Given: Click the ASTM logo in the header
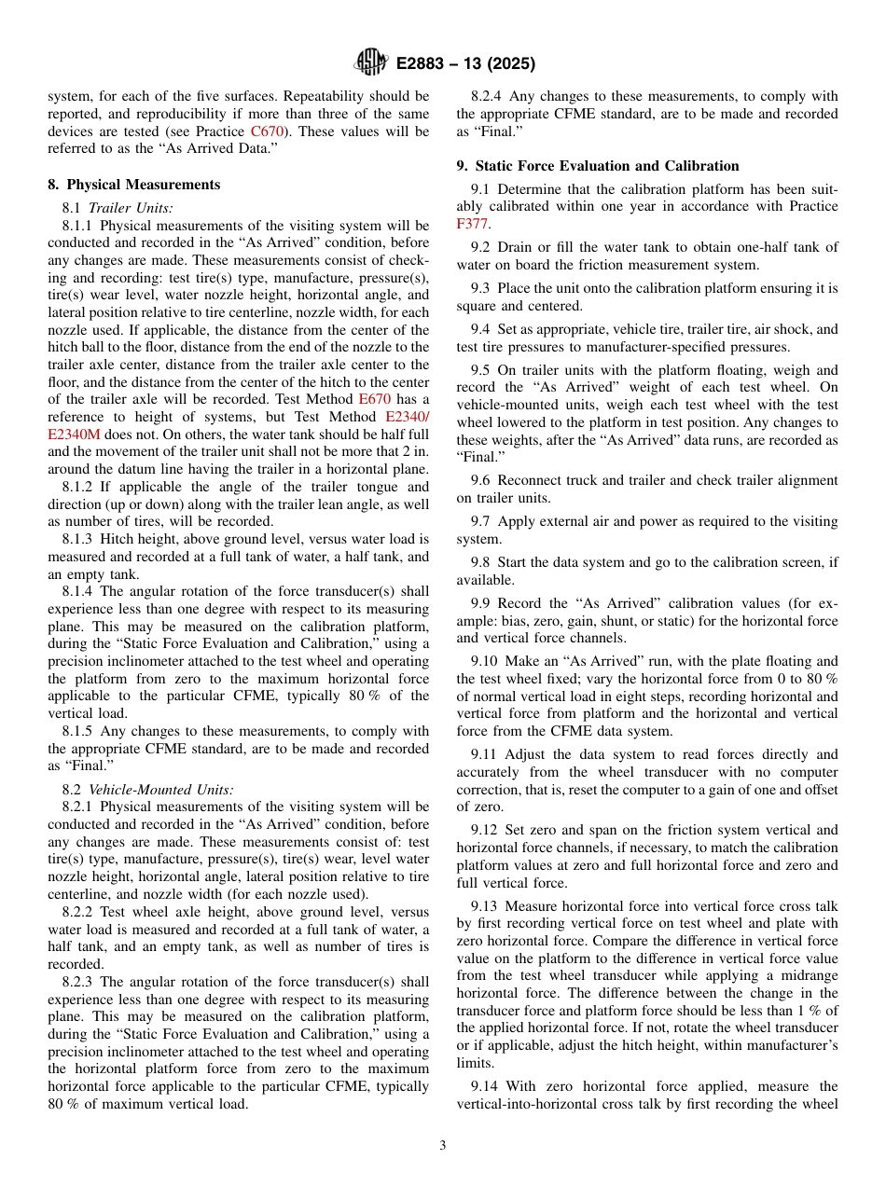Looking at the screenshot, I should [x=371, y=63].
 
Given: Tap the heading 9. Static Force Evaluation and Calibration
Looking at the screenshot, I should [x=597, y=166].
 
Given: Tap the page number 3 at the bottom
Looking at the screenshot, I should [x=443, y=1145].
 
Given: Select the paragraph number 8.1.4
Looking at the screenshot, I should [x=79, y=592].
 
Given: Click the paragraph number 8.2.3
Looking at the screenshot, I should [x=79, y=982].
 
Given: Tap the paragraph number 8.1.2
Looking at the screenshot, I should [x=79, y=487].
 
